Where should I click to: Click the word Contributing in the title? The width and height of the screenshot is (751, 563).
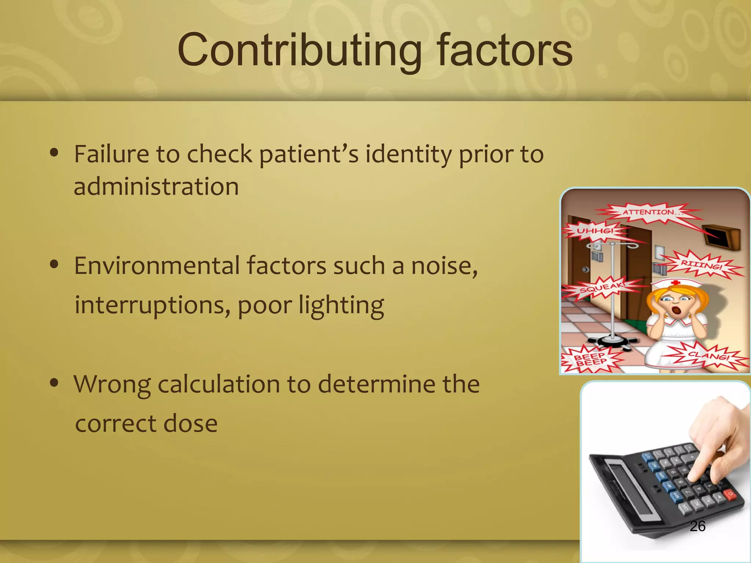[299, 50]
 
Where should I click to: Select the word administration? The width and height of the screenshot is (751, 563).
[156, 186]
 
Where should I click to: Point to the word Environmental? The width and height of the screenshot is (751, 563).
[157, 266]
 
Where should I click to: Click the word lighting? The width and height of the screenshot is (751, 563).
[341, 305]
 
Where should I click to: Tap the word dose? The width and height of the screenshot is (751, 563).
[190, 424]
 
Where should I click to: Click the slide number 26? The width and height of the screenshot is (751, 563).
[697, 526]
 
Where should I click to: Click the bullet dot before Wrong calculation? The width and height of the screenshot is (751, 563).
[54, 383]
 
